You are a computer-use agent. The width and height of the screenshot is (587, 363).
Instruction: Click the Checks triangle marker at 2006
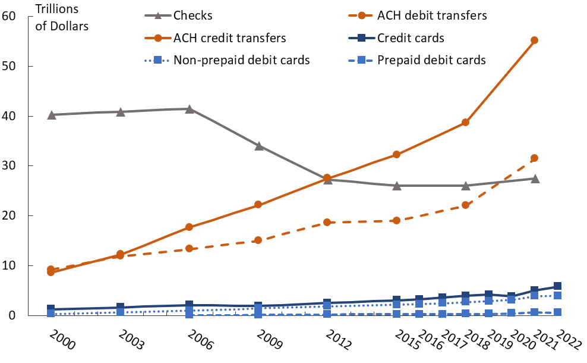click(x=189, y=109)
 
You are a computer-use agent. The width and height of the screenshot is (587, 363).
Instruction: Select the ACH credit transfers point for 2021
click(x=534, y=40)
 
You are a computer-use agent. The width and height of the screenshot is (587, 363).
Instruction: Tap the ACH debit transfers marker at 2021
click(x=534, y=158)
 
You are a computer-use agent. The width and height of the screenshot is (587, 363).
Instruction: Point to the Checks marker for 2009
click(x=258, y=145)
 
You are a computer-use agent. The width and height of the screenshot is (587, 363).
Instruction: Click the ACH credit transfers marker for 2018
click(x=465, y=122)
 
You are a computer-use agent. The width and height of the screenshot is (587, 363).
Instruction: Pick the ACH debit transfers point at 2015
click(x=396, y=220)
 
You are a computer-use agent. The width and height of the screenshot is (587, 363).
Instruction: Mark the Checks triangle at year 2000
click(x=52, y=114)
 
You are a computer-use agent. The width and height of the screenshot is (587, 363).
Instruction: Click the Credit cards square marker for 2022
click(x=557, y=286)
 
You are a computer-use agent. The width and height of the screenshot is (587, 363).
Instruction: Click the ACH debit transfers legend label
click(x=431, y=15)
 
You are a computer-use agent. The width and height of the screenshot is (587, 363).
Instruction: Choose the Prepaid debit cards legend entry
click(x=431, y=60)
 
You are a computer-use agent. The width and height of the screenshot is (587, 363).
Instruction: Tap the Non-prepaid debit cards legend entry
click(x=241, y=60)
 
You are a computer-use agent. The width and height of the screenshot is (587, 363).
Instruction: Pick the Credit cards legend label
click(x=411, y=38)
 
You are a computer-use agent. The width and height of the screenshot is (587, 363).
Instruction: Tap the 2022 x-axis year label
click(x=567, y=344)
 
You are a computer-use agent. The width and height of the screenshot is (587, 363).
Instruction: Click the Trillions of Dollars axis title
click(x=62, y=17)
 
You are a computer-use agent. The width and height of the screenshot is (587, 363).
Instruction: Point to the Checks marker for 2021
click(x=534, y=178)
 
